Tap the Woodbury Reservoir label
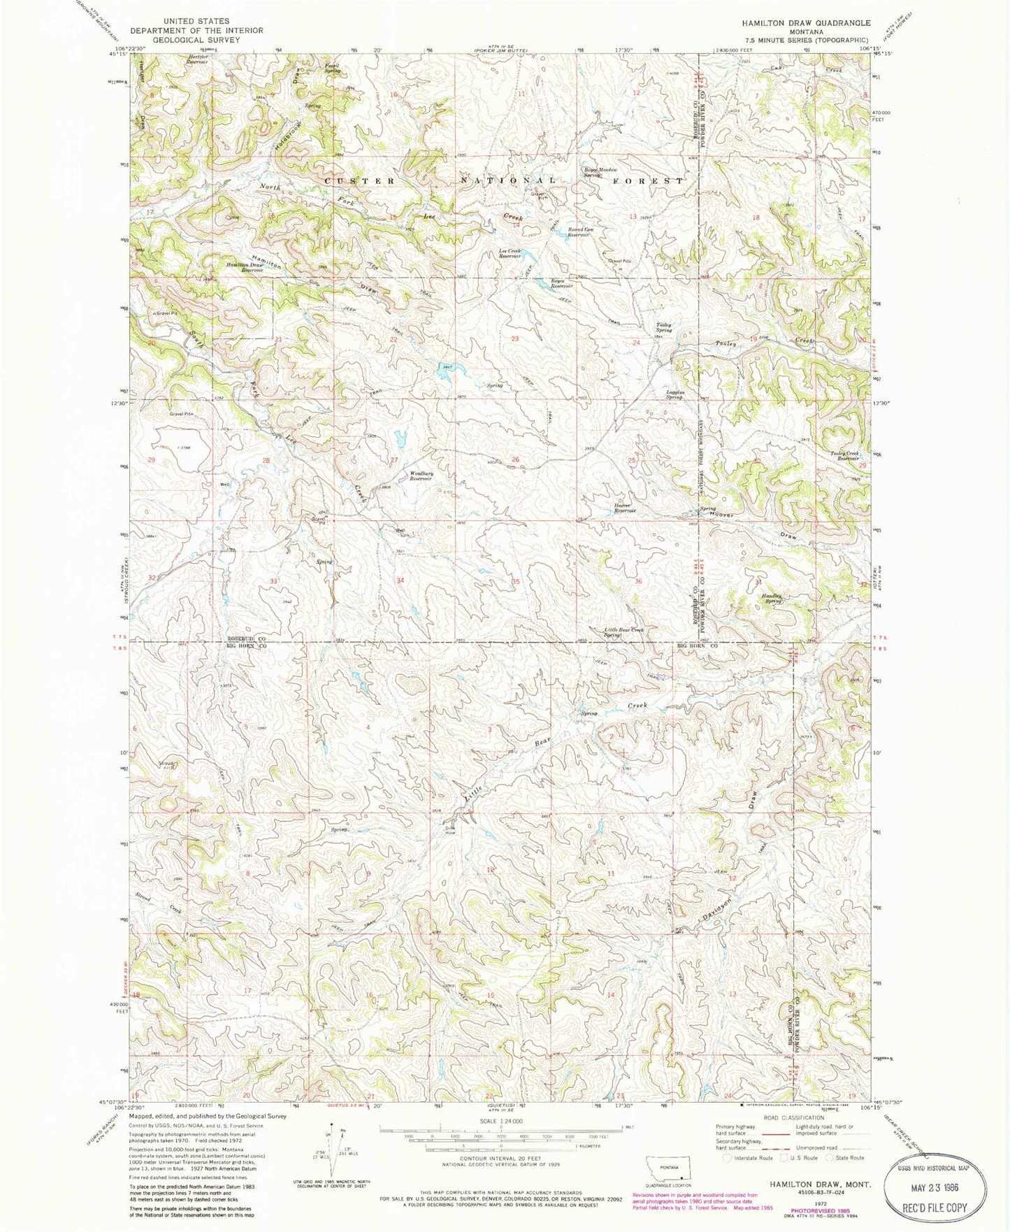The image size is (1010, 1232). coord(421,476)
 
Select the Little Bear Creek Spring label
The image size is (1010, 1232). coord(623,632)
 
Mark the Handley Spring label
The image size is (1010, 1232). coord(772,599)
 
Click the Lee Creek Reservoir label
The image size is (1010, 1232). coord(509,253)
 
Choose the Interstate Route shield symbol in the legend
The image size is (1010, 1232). coord(728,1157)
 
